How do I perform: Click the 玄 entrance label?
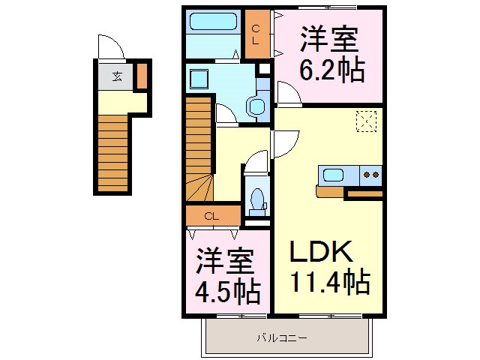118,76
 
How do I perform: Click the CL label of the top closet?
256,34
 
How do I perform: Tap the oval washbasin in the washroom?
256,106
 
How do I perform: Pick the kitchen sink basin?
333,175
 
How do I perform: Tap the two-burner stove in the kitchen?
371,175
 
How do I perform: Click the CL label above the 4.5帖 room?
211,217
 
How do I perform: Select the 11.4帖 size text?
329,283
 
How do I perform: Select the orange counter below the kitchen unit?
331,192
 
